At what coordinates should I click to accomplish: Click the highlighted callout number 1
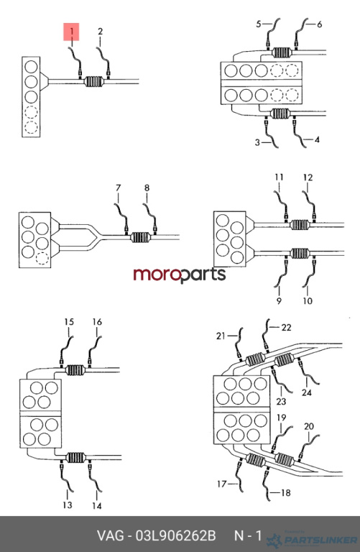pyautogui.click(x=71, y=32)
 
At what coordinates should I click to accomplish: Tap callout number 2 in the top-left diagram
pyautogui.click(x=101, y=32)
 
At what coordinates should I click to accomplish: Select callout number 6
pyautogui.click(x=319, y=24)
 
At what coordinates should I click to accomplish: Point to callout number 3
pyautogui.click(x=257, y=142)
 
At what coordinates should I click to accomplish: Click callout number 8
pyautogui.click(x=147, y=188)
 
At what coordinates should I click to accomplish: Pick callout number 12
pyautogui.click(x=308, y=178)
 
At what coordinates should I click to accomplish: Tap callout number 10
pyautogui.click(x=308, y=300)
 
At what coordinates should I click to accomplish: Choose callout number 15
pyautogui.click(x=69, y=322)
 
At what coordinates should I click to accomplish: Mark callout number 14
pyautogui.click(x=97, y=506)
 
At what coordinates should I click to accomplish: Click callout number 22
pyautogui.click(x=287, y=328)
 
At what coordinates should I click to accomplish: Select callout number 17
pyautogui.click(x=222, y=484)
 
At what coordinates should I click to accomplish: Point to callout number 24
pyautogui.click(x=307, y=392)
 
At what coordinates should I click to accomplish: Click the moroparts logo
pyautogui.click(x=180, y=275)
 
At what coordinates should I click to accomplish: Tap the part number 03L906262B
pyautogui.click(x=175, y=535)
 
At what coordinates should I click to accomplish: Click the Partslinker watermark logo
pyautogui.click(x=312, y=539)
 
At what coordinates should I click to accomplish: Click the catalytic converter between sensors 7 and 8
pyautogui.click(x=141, y=237)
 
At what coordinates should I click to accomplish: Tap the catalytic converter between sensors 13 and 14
pyautogui.click(x=75, y=458)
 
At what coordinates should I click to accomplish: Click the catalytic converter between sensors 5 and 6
pyautogui.click(x=282, y=52)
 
